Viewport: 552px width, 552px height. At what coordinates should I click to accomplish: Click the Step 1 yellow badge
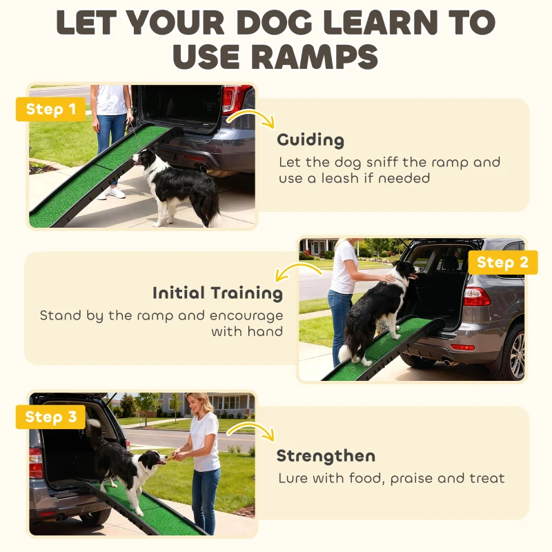(x=50, y=110)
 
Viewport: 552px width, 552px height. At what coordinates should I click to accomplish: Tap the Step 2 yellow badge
(x=502, y=262)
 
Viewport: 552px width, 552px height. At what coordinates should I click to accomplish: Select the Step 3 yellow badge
(x=50, y=417)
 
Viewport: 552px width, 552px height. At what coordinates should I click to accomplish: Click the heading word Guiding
(x=310, y=140)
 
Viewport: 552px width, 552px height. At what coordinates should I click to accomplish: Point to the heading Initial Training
(x=217, y=293)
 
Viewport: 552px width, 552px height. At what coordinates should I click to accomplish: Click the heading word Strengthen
(x=326, y=456)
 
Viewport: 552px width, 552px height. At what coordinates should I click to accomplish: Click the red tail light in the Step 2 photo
(x=476, y=296)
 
